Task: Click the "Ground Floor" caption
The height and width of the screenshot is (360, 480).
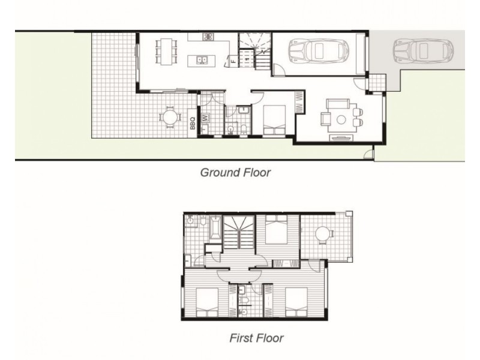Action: (x=235, y=173)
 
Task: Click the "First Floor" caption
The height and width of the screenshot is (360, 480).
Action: (x=256, y=338)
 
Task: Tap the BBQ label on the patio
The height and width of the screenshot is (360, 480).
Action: (x=193, y=122)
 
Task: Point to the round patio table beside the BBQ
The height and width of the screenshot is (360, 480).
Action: (x=170, y=116)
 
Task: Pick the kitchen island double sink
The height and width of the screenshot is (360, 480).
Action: (x=202, y=59)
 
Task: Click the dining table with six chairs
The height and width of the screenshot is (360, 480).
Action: (x=166, y=50)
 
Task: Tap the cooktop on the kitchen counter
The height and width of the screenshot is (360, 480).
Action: (x=208, y=37)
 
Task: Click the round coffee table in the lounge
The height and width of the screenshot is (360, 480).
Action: (x=341, y=119)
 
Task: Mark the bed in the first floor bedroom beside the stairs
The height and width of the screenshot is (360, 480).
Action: (x=276, y=230)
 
